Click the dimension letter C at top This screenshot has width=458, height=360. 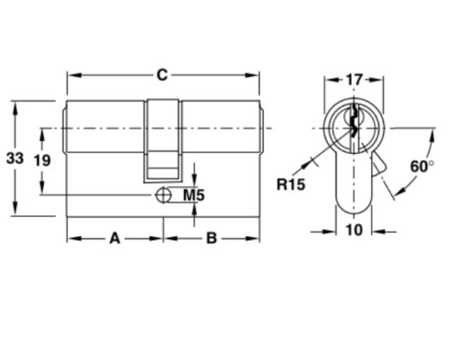(162, 75)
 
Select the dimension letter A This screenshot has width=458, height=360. (114, 238)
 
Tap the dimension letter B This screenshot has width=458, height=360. (212, 238)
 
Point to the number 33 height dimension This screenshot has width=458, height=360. (15, 158)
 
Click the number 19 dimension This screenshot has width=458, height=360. (42, 160)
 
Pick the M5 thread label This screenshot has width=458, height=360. (194, 195)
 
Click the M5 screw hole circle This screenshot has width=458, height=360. (163, 195)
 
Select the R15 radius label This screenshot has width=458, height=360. (290, 184)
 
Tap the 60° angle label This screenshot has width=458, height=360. (422, 167)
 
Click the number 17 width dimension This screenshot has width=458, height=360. (354, 80)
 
